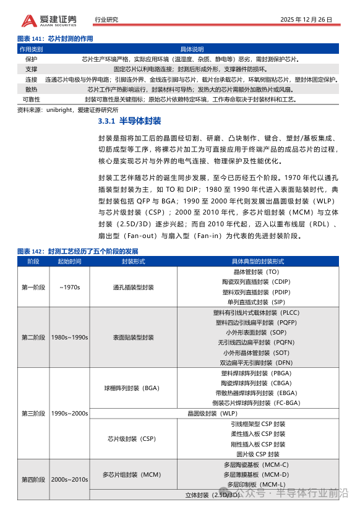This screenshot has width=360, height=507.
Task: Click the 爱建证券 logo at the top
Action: [x=49, y=20]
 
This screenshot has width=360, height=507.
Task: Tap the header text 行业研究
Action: [x=106, y=20]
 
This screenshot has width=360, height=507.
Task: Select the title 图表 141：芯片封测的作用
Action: [x=55, y=38]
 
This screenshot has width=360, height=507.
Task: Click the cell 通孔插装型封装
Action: [x=134, y=287]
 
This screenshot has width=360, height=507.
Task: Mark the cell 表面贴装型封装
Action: [x=134, y=338]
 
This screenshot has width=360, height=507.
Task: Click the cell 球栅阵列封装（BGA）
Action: [x=134, y=388]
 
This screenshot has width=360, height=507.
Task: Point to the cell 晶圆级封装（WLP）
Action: [x=212, y=413]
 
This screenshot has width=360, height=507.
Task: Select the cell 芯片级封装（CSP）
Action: [x=134, y=438]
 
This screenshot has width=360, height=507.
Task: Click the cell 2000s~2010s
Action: [x=69, y=479]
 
